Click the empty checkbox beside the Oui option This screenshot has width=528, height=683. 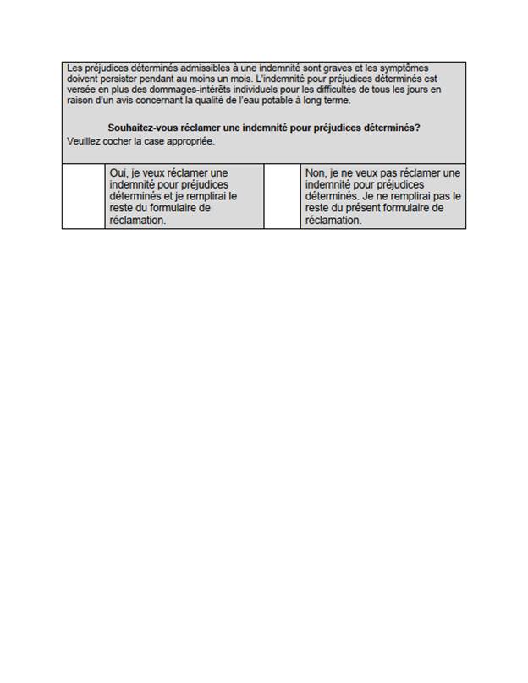click(84, 196)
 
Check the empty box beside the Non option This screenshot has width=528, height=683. click(282, 196)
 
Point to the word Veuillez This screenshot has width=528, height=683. click(85, 140)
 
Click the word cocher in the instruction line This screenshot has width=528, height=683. click(123, 140)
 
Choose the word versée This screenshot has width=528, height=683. click(81, 90)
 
